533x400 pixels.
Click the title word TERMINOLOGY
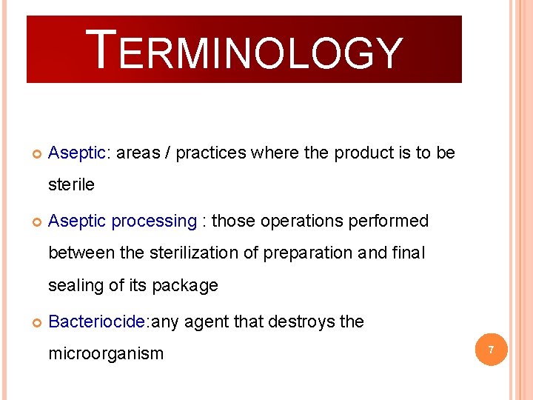pos(244,50)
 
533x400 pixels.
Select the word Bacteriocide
pos(97,321)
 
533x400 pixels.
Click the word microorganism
pos(106,353)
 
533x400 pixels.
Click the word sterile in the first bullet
pos(71,184)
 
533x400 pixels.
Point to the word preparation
pos(309,253)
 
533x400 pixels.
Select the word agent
pos(207,321)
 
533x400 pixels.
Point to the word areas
pos(138,153)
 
